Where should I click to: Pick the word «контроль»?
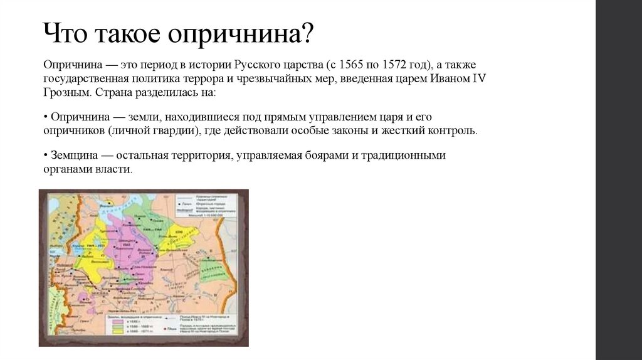453,131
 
